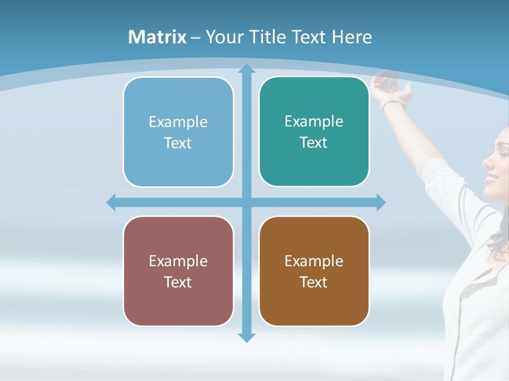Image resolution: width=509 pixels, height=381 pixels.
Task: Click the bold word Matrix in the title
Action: pyautogui.click(x=157, y=37)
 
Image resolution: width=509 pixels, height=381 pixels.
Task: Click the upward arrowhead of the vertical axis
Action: pyautogui.click(x=246, y=69)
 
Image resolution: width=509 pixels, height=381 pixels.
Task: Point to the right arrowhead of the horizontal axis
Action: pyautogui.click(x=380, y=202)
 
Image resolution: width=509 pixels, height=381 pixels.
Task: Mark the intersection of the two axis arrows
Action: pyautogui.click(x=246, y=202)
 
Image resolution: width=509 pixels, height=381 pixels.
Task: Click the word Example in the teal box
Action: pyautogui.click(x=314, y=122)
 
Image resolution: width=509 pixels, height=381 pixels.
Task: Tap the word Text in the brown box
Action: pyautogui.click(x=314, y=282)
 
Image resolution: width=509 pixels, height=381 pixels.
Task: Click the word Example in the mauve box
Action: pyautogui.click(x=178, y=261)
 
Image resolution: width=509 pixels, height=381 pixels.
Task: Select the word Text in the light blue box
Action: pyautogui.click(x=178, y=143)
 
